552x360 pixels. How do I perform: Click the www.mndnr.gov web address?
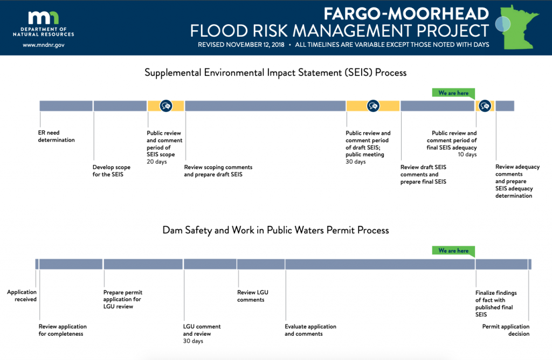[x=44, y=45]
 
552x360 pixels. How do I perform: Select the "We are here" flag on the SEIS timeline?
[x=453, y=93]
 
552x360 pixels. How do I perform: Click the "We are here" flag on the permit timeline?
[x=453, y=251]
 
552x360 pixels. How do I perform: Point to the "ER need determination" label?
[x=56, y=136]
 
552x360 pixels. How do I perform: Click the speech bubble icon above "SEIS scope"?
[x=166, y=106]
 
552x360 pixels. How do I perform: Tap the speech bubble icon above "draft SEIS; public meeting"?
[x=373, y=106]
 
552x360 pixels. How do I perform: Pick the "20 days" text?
[x=157, y=162]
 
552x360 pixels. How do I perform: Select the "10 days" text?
[x=467, y=155]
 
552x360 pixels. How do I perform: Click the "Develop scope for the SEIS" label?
[x=111, y=171]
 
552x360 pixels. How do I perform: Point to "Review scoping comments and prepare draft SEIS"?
[x=218, y=171]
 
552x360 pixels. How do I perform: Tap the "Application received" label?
[x=22, y=296]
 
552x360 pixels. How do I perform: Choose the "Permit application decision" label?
[x=506, y=330]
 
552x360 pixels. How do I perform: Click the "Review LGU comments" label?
[x=253, y=296]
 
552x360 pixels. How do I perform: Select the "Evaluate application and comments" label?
[x=310, y=330]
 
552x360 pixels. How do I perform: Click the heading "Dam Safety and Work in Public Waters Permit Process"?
[x=275, y=230]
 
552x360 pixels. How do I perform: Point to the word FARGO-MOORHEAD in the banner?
[x=406, y=14]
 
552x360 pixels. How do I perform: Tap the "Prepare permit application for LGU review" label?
[x=123, y=299]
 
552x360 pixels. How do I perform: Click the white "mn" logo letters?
[x=44, y=18]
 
